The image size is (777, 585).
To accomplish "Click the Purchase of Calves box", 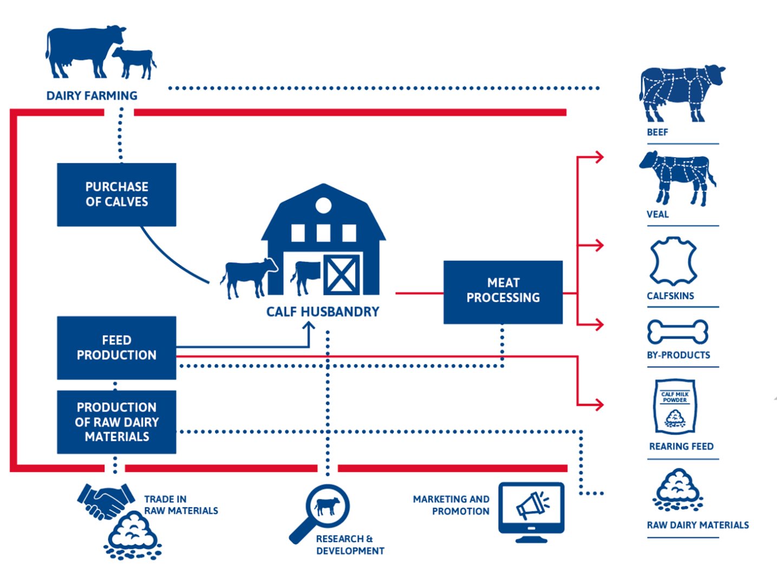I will pos(116,194).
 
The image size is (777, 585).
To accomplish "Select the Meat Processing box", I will pos(503,292).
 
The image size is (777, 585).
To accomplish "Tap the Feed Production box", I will pos(116,348).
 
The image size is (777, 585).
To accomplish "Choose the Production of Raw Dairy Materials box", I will pos(116,422).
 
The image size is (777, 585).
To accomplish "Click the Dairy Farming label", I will pos(92,96).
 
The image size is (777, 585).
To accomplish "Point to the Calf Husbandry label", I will pos(323,312).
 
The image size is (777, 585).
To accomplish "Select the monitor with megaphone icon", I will pos(531,510).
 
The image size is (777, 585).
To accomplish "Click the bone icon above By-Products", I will pos(677,332).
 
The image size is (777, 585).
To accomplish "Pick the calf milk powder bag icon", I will pos(675,406).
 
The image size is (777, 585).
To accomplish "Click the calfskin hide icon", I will pos(673,261).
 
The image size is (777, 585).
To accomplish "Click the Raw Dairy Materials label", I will pos(697,525).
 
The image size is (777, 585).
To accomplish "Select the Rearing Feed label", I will pos(681,446).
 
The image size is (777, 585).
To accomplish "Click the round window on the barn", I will pos(323,205).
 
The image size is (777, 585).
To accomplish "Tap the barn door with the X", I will pos(342,275).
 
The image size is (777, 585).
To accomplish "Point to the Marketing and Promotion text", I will pos(451,505).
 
